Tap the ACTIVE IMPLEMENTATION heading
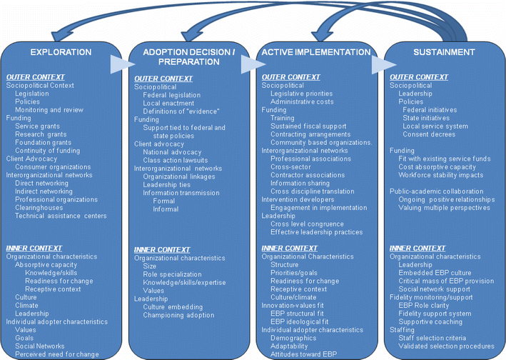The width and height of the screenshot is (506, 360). tap(316, 52)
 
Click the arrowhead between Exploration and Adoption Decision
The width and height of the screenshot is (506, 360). tap(118, 65)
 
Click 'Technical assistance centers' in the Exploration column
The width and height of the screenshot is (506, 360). tap(61, 216)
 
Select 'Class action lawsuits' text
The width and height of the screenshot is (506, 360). tap(176, 160)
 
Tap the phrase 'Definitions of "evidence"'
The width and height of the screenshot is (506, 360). tap(181, 111)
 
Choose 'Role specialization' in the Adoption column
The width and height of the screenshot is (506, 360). tap(172, 274)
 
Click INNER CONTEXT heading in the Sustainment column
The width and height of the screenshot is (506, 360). tap(418, 248)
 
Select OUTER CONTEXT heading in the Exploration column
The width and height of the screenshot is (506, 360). tap(35, 77)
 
